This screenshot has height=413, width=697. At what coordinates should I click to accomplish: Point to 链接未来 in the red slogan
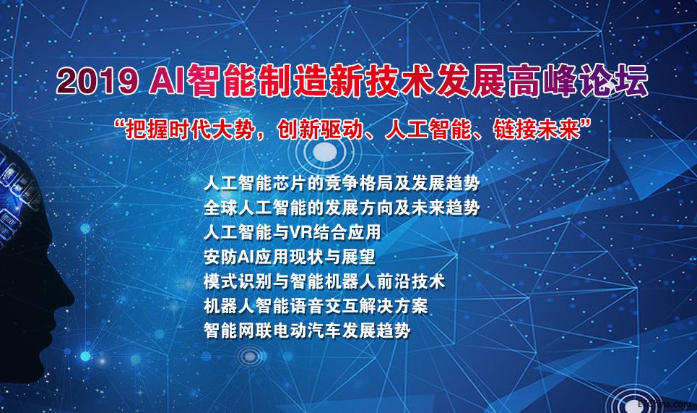point(537,130)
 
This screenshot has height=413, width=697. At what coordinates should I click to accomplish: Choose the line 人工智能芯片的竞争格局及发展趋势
point(342,183)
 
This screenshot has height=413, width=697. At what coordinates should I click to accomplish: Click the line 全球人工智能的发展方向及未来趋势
point(342,208)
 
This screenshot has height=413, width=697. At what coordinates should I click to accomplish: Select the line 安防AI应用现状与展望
point(290,257)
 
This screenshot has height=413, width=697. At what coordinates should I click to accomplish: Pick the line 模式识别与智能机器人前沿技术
point(324,281)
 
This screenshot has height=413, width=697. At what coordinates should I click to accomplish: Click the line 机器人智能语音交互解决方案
point(316,306)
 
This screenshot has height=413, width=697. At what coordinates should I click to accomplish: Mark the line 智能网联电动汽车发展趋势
point(307,331)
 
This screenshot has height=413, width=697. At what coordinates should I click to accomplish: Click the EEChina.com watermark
point(664,404)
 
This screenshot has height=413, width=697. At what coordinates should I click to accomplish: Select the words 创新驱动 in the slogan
point(319,130)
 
